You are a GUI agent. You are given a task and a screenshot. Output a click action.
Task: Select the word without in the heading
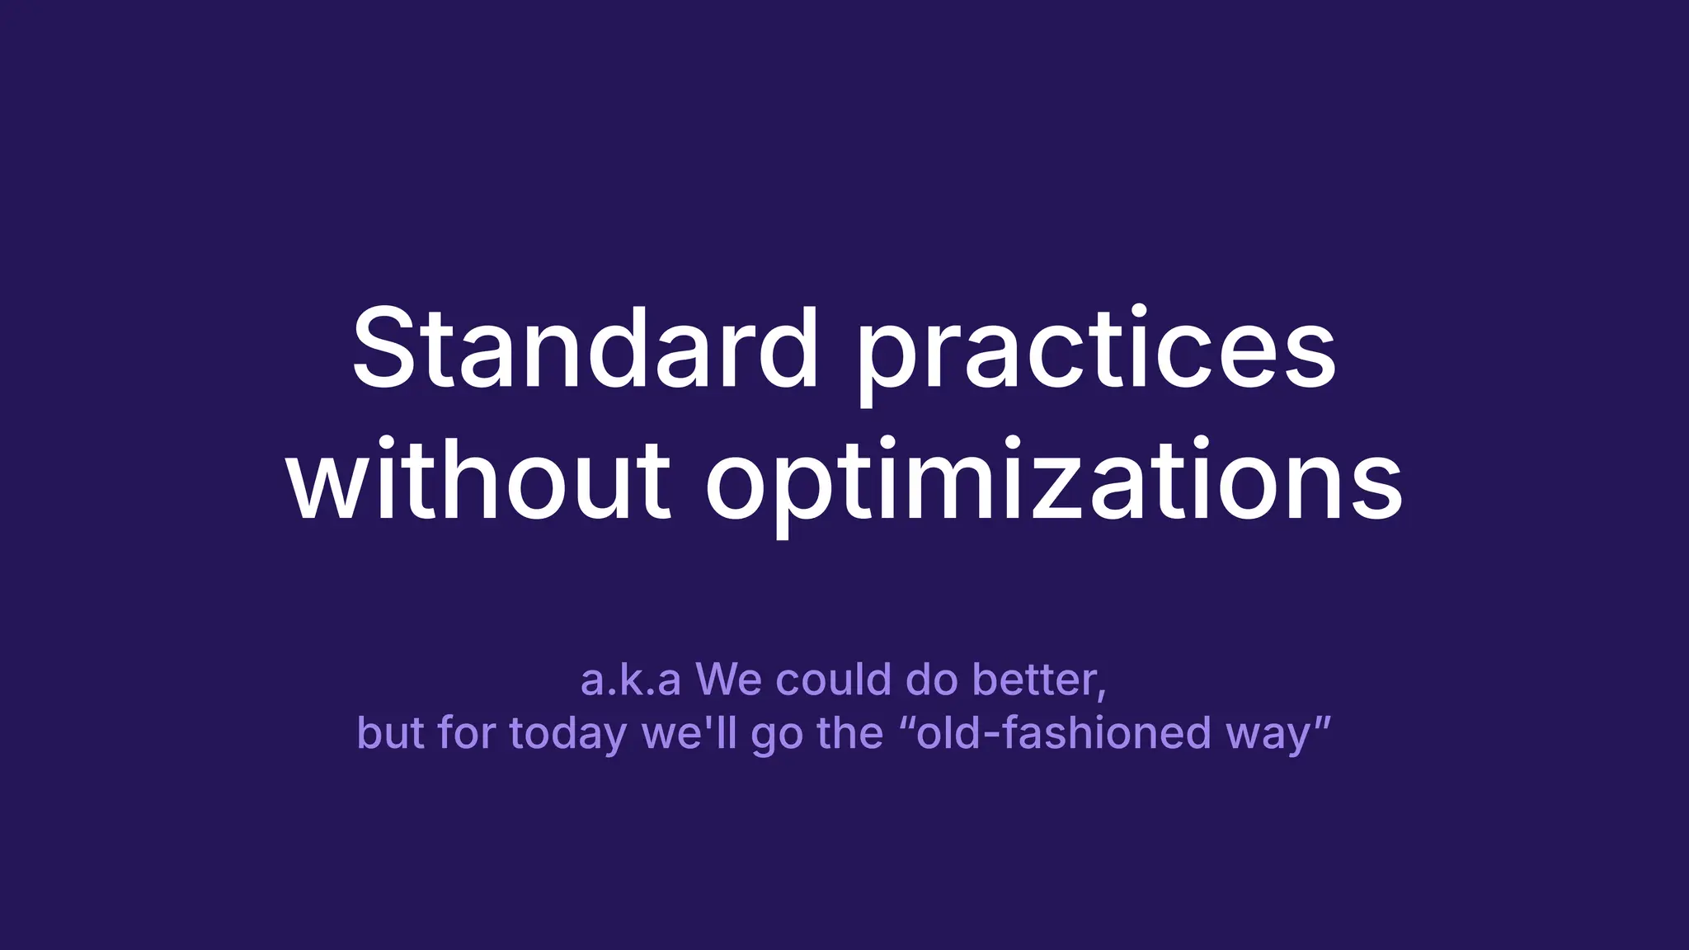pos(478,482)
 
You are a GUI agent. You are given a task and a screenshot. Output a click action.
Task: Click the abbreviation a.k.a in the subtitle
pos(630,681)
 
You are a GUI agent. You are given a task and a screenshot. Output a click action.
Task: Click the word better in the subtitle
pos(1034,680)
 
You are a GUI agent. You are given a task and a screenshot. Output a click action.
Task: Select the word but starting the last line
pos(391,732)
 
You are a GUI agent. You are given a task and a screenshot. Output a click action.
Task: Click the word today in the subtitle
pos(568,734)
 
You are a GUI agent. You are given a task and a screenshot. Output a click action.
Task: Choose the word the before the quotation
pos(849,732)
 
